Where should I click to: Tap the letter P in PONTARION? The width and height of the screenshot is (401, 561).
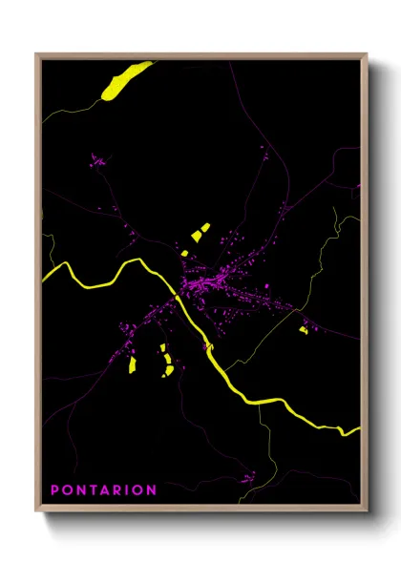(54, 490)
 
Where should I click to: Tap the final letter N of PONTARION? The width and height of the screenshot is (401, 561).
(152, 490)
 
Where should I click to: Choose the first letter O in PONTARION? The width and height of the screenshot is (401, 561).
(68, 490)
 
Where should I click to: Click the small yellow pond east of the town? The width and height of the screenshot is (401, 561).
(303, 330)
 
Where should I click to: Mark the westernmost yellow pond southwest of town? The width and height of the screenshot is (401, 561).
(133, 364)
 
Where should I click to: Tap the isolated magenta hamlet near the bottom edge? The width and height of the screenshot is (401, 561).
(247, 476)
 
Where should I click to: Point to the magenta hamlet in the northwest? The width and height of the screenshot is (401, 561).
(98, 162)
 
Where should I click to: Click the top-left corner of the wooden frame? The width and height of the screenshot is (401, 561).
(36, 54)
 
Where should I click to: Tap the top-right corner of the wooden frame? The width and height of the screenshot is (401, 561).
(367, 54)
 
